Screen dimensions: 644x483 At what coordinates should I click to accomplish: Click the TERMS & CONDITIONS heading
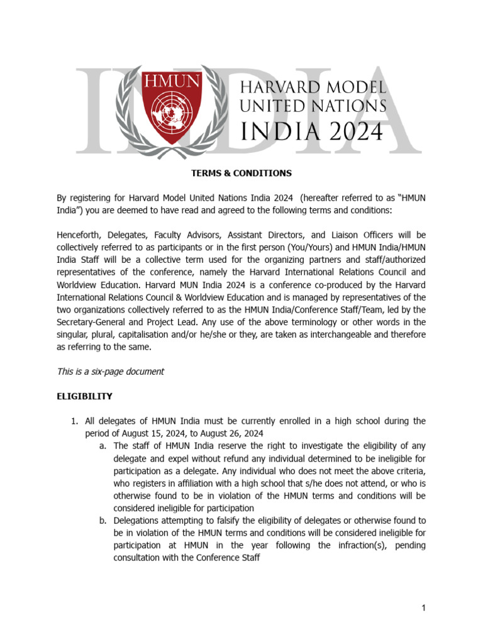click(x=241, y=173)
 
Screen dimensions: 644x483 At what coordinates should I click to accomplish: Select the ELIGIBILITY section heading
click(x=85, y=396)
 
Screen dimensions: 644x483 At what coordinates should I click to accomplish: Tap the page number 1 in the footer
click(x=425, y=608)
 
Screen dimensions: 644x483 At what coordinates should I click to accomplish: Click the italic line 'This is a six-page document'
click(x=111, y=371)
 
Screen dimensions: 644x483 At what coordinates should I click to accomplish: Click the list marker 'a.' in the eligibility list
click(x=103, y=446)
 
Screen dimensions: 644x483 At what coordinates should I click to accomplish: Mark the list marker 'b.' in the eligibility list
click(x=103, y=520)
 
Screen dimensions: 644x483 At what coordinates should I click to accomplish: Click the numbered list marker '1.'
click(x=74, y=421)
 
